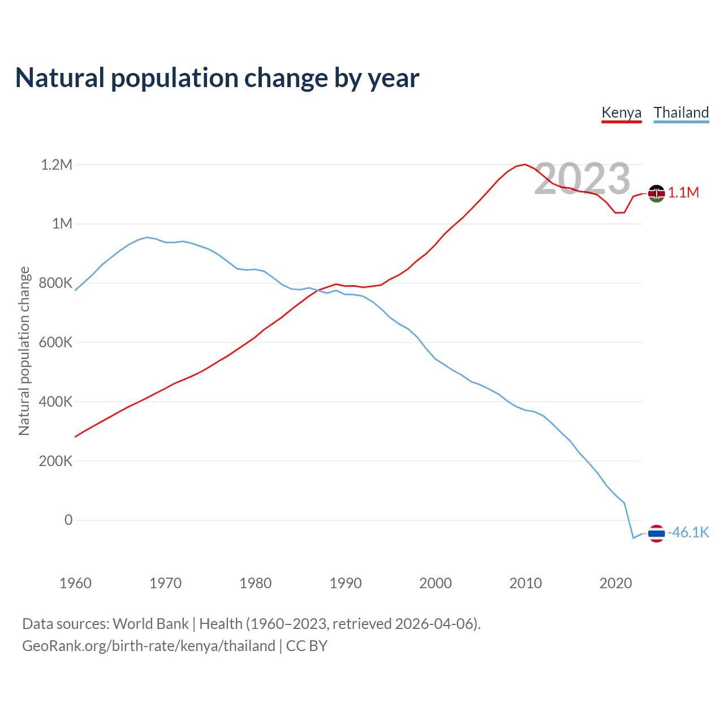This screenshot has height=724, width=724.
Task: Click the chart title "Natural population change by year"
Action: (217, 78)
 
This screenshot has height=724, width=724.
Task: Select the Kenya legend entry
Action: (621, 113)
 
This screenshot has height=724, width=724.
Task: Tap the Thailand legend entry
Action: (681, 113)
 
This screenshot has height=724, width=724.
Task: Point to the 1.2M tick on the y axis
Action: (57, 165)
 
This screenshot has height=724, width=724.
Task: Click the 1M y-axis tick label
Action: (62, 223)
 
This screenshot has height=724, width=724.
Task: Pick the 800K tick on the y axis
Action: (55, 283)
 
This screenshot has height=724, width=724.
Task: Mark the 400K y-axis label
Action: (55, 402)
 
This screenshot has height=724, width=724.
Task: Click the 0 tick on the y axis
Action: (68, 520)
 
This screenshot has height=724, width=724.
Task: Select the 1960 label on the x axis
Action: (75, 583)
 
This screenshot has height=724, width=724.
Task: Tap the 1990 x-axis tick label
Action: (346, 583)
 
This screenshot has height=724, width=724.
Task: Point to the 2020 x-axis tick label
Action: (615, 583)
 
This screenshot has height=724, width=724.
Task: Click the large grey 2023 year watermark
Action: (582, 179)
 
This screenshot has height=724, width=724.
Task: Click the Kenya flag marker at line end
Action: (656, 193)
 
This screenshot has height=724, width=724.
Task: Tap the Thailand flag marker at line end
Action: (656, 533)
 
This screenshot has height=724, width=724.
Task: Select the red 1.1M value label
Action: (683, 193)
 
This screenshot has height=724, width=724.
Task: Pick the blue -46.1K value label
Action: (688, 533)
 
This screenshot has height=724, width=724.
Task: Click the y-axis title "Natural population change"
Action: (24, 351)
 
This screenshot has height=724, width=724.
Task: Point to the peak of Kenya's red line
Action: (525, 165)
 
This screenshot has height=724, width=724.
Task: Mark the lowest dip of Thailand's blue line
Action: (633, 537)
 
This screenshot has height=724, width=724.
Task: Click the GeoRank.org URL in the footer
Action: (149, 646)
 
